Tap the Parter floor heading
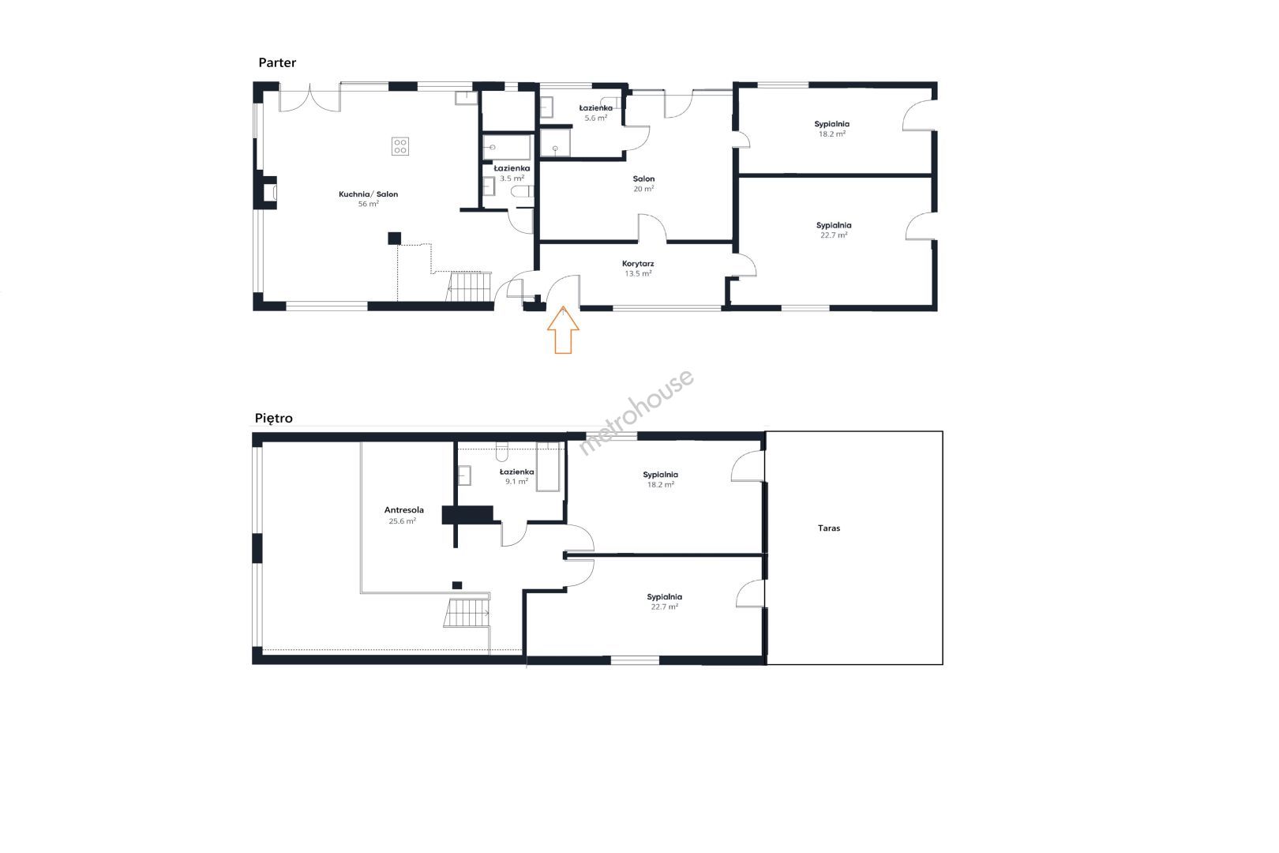point(277,62)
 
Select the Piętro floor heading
point(273,419)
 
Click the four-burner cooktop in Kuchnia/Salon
point(400,146)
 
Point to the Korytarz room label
point(638,264)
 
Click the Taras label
point(828,528)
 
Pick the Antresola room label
point(403,510)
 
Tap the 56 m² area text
point(368,204)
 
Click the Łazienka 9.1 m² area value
point(516,482)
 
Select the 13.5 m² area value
point(638,273)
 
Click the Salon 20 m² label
point(643,184)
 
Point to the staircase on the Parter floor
point(469,286)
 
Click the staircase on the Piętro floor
point(467,612)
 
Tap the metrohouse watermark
point(636,412)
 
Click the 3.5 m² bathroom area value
point(512,178)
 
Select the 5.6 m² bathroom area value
point(595,118)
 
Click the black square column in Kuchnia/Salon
point(394,239)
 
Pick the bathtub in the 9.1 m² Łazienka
point(548,466)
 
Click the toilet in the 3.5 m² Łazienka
point(522,191)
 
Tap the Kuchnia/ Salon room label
point(368,194)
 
